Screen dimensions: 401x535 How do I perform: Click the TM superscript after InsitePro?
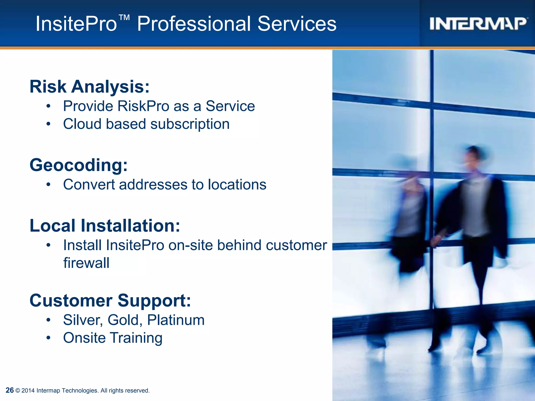(124, 18)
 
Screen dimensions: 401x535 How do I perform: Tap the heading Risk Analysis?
(90, 86)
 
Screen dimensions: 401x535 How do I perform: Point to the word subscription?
(190, 124)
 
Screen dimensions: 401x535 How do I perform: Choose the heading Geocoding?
(79, 165)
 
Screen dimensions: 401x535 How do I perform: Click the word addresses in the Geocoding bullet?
(153, 185)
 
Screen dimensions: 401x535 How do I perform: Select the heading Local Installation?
(105, 226)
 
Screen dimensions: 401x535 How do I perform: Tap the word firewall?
(86, 263)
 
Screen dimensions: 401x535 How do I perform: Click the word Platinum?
(176, 320)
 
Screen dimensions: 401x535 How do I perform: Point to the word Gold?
(125, 320)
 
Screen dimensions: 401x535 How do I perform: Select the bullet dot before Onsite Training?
(48, 338)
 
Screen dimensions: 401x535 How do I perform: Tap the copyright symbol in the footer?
(18, 391)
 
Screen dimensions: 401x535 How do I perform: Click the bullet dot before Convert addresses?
(48, 185)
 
